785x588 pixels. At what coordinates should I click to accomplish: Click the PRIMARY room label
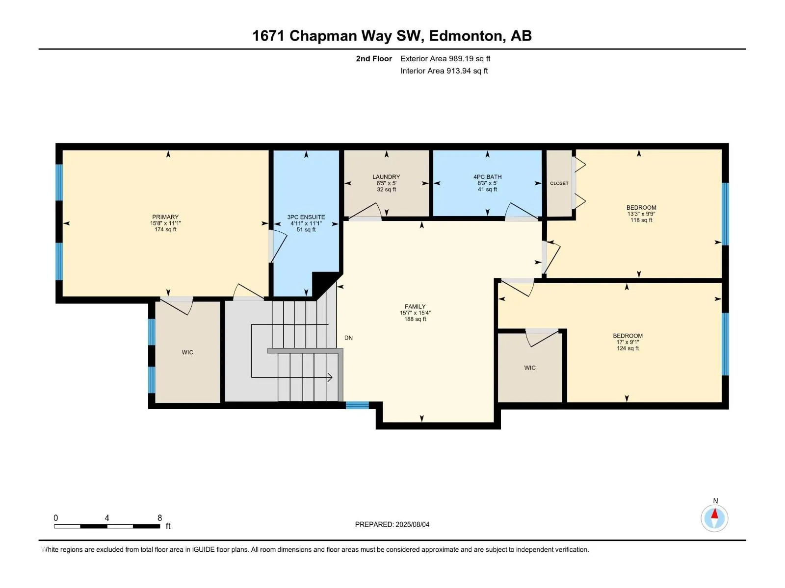point(165,217)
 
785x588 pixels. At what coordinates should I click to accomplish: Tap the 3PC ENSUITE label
point(306,217)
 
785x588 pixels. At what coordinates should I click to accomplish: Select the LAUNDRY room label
point(386,177)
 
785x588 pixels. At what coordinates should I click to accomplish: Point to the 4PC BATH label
point(488,177)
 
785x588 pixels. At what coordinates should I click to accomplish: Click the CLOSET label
point(559,183)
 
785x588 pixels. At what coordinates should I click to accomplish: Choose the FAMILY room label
point(415,306)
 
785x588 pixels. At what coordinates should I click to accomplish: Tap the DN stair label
point(348,338)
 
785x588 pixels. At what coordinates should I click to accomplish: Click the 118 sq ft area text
point(641,220)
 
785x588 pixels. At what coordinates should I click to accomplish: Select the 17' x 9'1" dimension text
point(628,342)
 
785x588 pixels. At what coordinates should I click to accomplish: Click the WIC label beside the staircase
point(187,352)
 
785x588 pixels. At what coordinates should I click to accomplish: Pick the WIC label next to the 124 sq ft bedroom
point(530,367)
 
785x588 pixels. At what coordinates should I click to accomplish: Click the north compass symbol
point(714,518)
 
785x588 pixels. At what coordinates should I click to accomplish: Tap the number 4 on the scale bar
point(106,517)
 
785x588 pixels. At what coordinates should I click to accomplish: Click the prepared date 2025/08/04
point(412,524)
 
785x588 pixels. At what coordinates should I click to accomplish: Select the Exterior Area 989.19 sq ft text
point(445,58)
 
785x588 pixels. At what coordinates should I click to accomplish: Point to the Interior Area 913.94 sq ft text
point(444,71)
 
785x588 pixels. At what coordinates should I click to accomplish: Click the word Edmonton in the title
point(467,36)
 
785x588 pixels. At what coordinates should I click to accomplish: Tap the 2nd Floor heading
point(374,58)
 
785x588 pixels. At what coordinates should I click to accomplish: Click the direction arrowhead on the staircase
point(330,377)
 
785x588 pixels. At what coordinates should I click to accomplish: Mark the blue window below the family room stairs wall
point(357,405)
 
